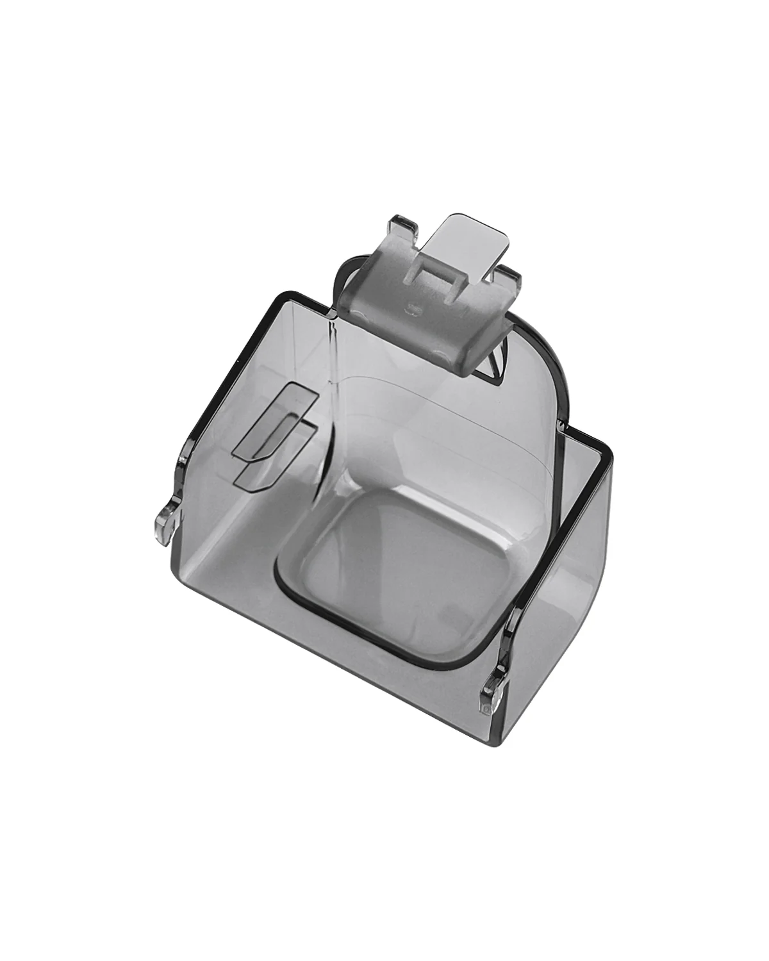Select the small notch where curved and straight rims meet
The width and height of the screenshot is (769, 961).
click(x=564, y=423)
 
